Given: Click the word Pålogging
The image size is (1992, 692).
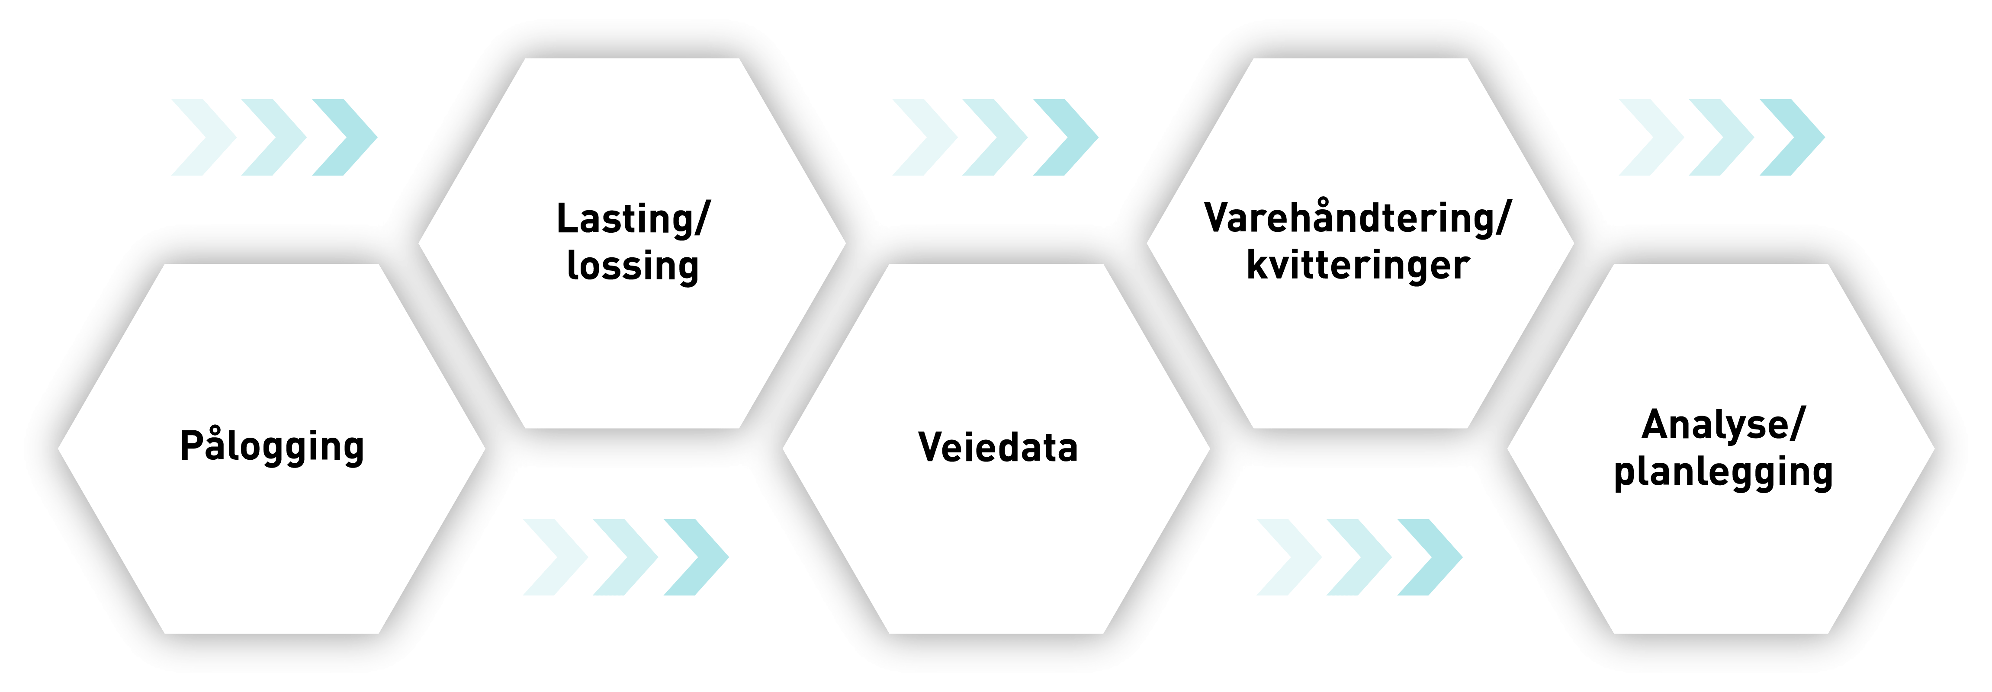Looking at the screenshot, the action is click(271, 446).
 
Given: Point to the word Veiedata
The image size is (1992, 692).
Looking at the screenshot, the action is click(998, 447).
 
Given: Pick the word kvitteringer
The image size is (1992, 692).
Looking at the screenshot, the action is click(1358, 265).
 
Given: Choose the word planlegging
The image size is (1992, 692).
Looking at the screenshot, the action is click(1723, 472).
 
